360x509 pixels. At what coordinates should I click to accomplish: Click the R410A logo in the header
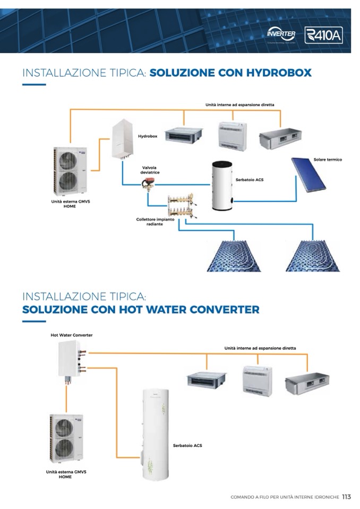pos(324,35)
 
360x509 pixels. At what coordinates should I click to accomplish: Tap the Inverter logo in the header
pos(281,34)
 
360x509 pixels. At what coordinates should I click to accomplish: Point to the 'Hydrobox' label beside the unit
pos(148,136)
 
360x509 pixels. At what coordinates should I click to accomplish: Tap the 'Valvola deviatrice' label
pos(150,170)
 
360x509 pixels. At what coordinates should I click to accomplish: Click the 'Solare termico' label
pos(328,160)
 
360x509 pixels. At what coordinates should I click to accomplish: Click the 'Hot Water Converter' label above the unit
pos(71,335)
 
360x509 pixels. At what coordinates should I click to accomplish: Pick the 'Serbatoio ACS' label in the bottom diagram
pos(187,445)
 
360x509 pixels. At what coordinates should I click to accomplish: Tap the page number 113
pos(346,497)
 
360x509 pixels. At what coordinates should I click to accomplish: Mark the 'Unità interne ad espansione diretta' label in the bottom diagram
pos(260,348)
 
